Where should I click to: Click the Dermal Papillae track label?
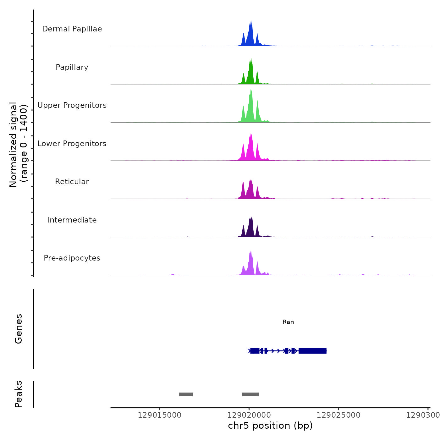pyautogui.click(x=72, y=29)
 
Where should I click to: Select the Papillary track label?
pyautogui.click(x=72, y=67)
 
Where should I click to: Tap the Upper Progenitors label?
pyautogui.click(x=72, y=105)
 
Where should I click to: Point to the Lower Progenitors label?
pyautogui.click(x=72, y=144)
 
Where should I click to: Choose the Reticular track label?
pyautogui.click(x=72, y=182)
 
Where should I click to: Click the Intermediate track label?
pyautogui.click(x=72, y=220)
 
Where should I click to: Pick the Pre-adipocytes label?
pyautogui.click(x=72, y=258)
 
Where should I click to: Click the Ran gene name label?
pyautogui.click(x=288, y=322)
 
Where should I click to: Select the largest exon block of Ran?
pyautogui.click(x=313, y=351)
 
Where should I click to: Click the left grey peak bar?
pyautogui.click(x=186, y=394)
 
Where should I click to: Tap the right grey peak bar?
pyautogui.click(x=250, y=394)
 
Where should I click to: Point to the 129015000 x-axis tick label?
pyautogui.click(x=160, y=415)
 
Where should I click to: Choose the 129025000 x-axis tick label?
pyautogui.click(x=338, y=415)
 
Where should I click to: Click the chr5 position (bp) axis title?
pyautogui.click(x=270, y=426)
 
